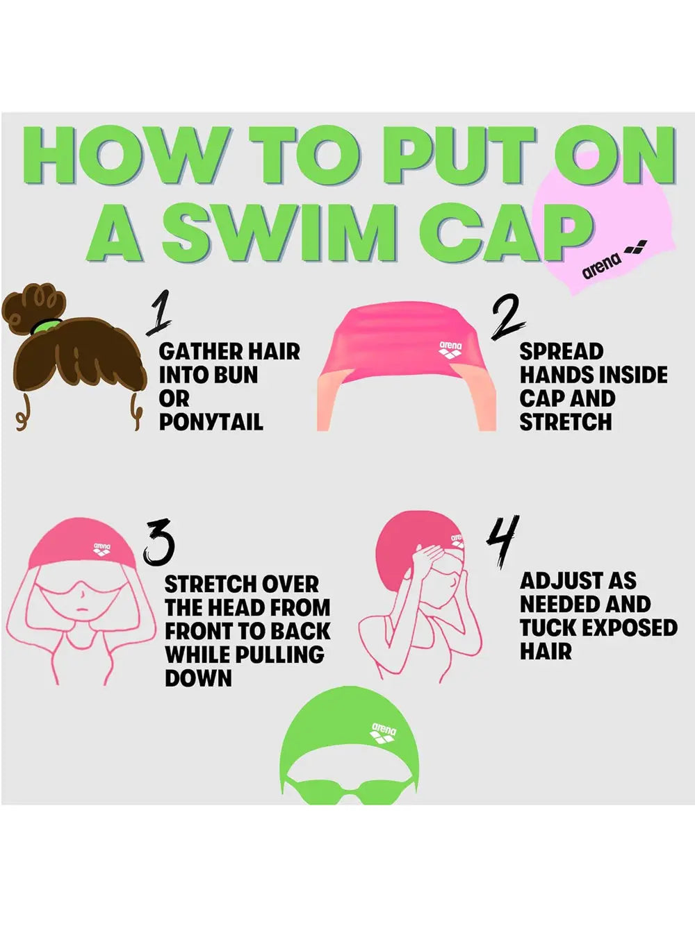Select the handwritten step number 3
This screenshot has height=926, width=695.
[158, 542]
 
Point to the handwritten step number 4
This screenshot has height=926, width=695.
[501, 541]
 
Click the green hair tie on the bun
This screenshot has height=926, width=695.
[46, 326]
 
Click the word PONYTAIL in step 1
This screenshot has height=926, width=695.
[211, 421]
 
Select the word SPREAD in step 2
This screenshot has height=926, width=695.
[561, 351]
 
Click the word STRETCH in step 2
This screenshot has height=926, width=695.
[566, 421]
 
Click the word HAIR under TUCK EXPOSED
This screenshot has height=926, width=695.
[546, 651]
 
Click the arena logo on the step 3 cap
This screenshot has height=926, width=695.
[101, 548]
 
